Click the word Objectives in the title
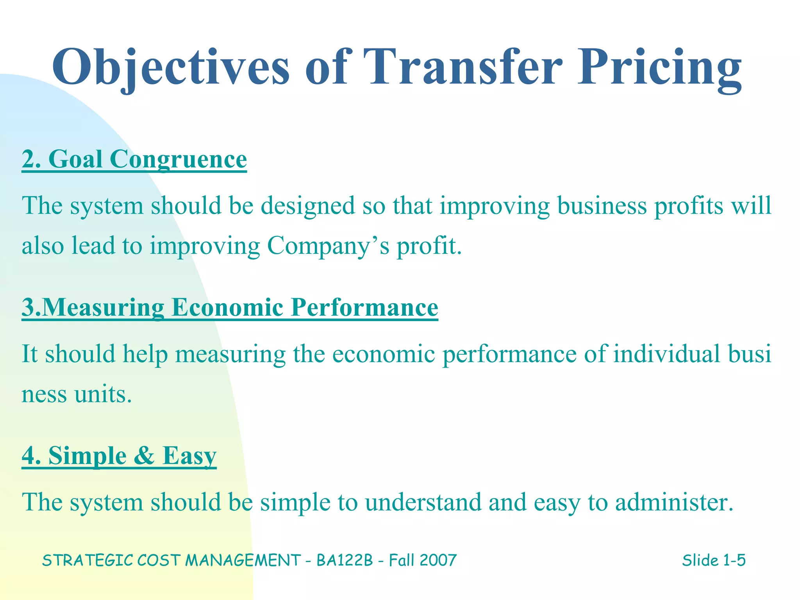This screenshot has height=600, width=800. click(x=171, y=67)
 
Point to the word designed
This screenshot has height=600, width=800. click(x=308, y=206)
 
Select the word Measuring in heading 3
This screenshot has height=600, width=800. click(x=103, y=307)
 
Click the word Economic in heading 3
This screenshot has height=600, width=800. click(x=227, y=307)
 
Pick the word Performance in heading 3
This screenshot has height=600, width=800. click(x=365, y=307)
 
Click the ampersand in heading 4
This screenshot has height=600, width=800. click(x=144, y=455)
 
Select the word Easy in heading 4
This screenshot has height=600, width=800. click(x=189, y=455)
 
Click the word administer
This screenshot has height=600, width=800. click(x=674, y=502)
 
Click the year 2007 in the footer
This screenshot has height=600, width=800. click(x=438, y=560)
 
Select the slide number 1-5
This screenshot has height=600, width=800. click(x=734, y=560)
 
